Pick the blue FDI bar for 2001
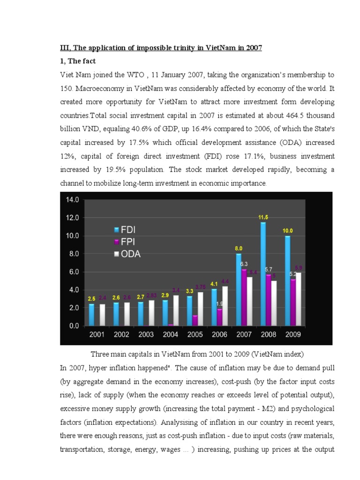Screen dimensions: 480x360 [x=91, y=315]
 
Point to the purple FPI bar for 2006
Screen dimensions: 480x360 [x=219, y=317]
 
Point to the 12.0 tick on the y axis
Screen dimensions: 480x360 [x=72, y=217]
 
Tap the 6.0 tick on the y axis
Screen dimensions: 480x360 [x=72, y=272]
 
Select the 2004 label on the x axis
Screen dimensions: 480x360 [x=170, y=335]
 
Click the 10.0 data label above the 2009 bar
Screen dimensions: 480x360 [x=287, y=231]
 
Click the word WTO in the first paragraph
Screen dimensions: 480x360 [x=147, y=75]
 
